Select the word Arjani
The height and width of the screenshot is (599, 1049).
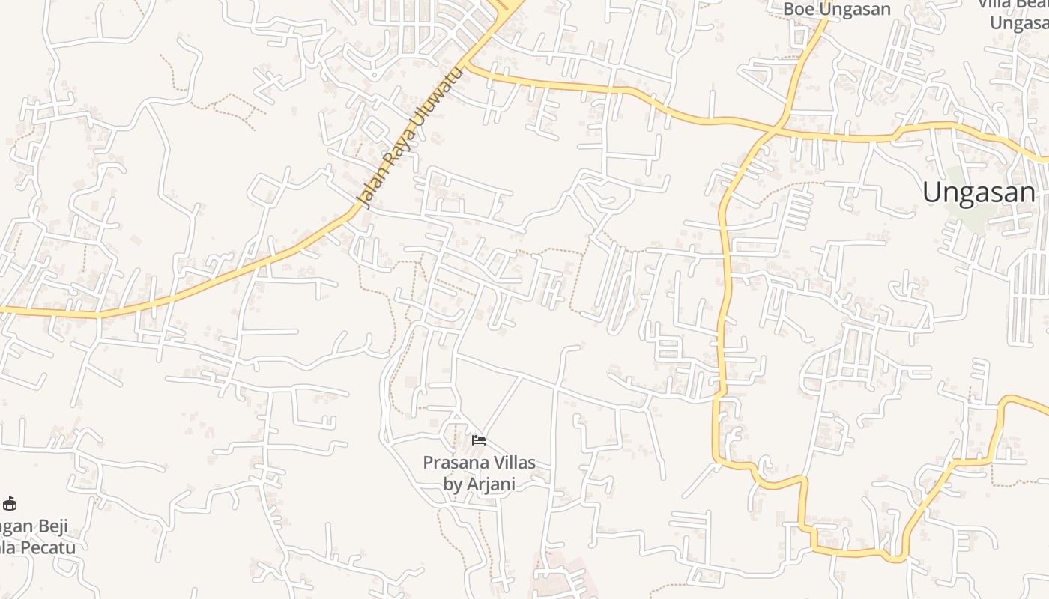pyautogui.click(x=491, y=484)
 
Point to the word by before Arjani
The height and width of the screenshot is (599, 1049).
pyautogui.click(x=453, y=484)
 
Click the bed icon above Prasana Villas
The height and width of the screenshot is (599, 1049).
pyautogui.click(x=479, y=440)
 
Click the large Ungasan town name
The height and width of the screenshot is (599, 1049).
pyautogui.click(x=979, y=192)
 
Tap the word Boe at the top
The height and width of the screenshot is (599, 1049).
pyautogui.click(x=799, y=9)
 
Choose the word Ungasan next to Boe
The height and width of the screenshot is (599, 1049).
pyautogui.click(x=853, y=9)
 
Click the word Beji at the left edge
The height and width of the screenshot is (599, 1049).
pyautogui.click(x=52, y=526)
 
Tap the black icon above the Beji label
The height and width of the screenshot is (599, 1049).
pyautogui.click(x=10, y=503)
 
